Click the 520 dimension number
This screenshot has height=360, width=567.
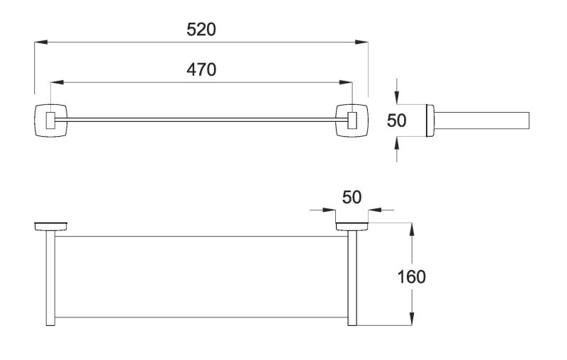201,29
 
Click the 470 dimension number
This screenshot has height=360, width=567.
201,69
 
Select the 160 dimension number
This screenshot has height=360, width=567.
412,277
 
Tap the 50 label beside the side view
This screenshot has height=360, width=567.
397,120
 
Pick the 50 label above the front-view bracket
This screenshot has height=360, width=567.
352,197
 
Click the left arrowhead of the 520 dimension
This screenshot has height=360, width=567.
41,43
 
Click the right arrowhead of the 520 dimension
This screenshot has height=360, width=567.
361,43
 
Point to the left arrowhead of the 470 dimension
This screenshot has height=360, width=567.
57,82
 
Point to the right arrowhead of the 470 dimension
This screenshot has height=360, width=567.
346,82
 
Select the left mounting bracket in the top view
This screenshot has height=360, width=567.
51,120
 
